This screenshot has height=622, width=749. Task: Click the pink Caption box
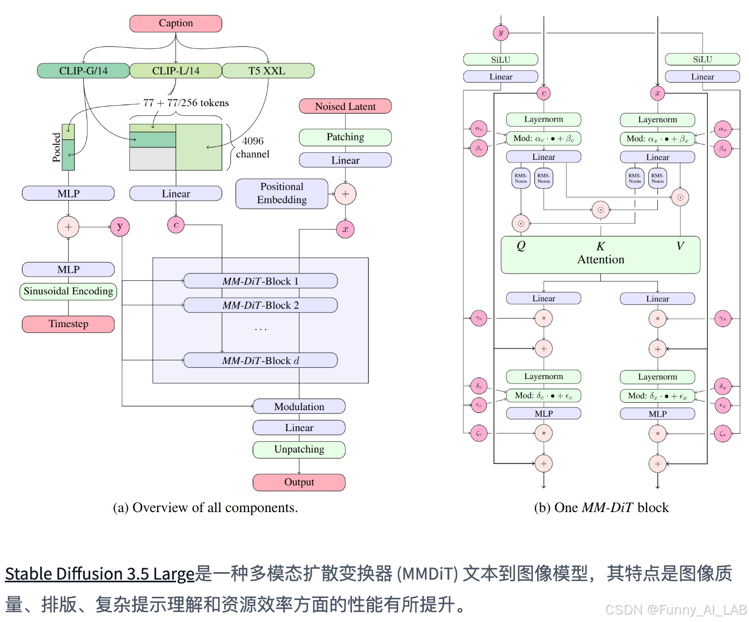[x=175, y=24]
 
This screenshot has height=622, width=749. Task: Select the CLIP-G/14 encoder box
[x=83, y=71]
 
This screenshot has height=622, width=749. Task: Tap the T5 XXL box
[x=267, y=71]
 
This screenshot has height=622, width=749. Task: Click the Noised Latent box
[x=345, y=106]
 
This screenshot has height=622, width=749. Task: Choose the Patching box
[x=345, y=137]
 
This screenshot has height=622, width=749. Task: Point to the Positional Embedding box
[x=282, y=194]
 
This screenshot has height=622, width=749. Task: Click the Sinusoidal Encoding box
[x=68, y=291]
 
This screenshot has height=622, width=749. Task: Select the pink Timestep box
[x=68, y=324]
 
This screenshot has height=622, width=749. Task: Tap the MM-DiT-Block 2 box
[x=260, y=305]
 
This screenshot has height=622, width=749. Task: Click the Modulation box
[x=299, y=406]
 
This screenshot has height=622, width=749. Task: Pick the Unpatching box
[x=299, y=449]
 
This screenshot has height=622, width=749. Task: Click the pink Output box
[x=299, y=482]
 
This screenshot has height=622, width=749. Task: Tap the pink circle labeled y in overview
[x=120, y=227]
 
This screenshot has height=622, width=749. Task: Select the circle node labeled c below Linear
[x=176, y=225]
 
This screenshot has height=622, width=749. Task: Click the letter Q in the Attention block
[x=521, y=246]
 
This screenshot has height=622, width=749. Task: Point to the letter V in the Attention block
[x=680, y=246]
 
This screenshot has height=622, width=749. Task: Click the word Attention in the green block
[x=600, y=260]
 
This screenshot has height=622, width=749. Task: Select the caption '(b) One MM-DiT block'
[x=601, y=507]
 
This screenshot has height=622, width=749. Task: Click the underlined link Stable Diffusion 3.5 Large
[x=99, y=574]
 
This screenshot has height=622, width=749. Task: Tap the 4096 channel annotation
[x=253, y=147]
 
